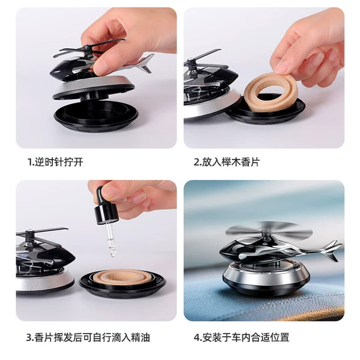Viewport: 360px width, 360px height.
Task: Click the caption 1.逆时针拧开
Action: [55, 162]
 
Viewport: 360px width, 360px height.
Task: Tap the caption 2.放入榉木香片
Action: [227, 162]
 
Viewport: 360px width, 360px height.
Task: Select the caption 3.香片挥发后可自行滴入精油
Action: [88, 337]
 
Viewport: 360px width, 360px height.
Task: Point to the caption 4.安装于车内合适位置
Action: [242, 337]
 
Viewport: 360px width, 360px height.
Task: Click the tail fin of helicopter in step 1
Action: [145, 64]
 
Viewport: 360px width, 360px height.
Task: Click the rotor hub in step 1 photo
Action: [87, 50]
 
